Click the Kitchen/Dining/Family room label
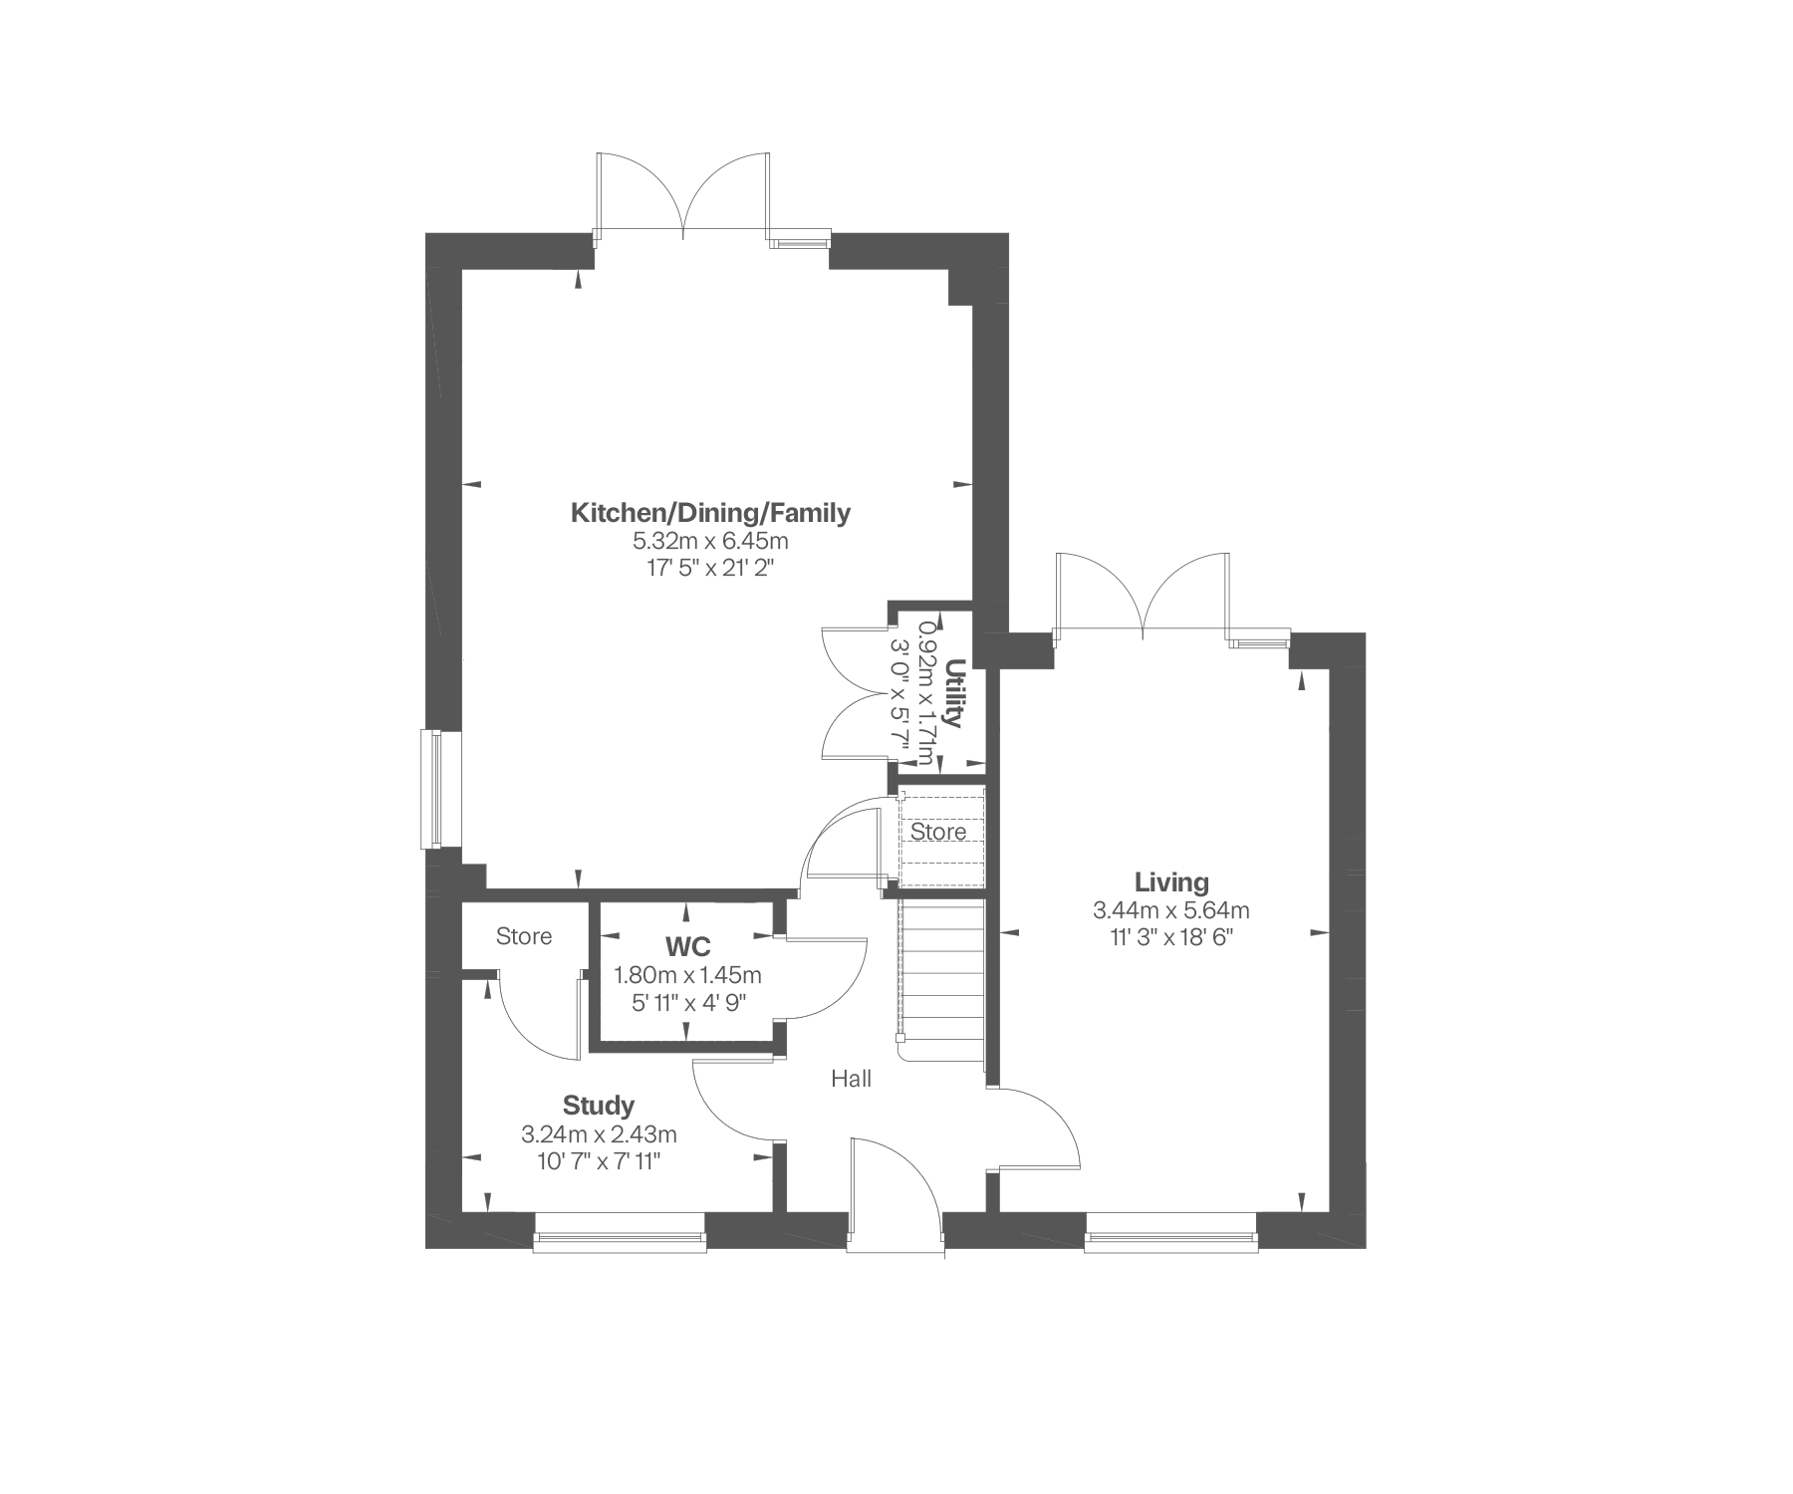coord(710,513)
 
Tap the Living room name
coord(1171,882)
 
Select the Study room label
coord(599,1106)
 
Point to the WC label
coord(688,946)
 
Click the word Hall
coord(852,1079)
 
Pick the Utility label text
coord(955,693)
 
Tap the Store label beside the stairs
coord(938,832)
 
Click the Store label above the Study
coord(524,936)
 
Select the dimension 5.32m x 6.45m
coord(710,542)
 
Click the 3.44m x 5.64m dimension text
coord(1171,910)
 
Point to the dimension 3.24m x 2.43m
coord(599,1134)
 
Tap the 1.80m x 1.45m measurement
coord(688,975)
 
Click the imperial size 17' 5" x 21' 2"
coord(710,569)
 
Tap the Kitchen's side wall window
coord(432,790)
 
